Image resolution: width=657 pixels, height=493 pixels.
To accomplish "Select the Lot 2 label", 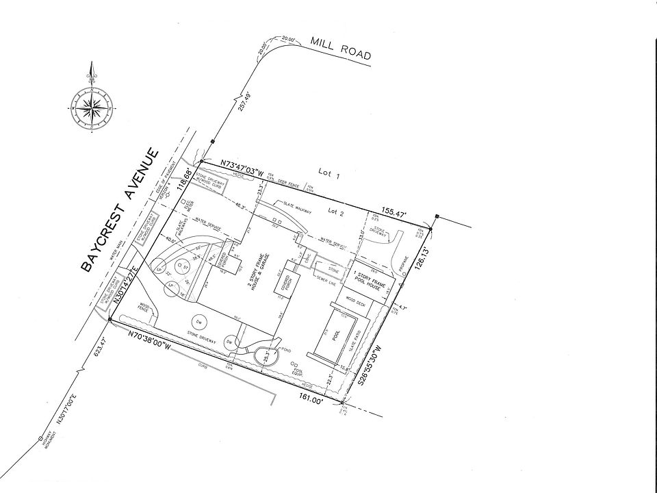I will click(335, 212).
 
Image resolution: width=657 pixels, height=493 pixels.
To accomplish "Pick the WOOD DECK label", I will click(355, 301).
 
